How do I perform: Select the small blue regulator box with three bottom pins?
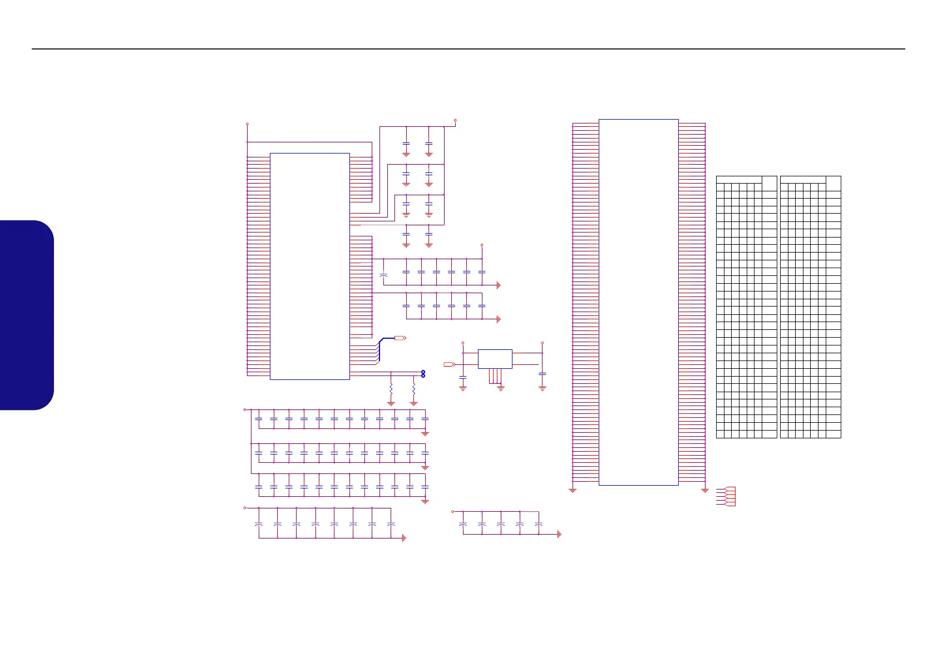pyautogui.click(x=495, y=359)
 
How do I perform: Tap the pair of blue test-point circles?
pyautogui.click(x=423, y=374)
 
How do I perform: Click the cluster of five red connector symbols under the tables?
pyautogui.click(x=726, y=497)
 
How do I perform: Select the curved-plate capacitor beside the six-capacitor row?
pyautogui.click(x=383, y=275)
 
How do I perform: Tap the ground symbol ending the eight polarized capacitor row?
pyautogui.click(x=404, y=538)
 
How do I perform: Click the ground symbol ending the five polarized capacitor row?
pyautogui.click(x=559, y=535)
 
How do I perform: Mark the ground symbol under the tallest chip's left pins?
pyautogui.click(x=573, y=491)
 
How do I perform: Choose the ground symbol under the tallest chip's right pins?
pyautogui.click(x=705, y=491)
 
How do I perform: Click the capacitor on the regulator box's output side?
pyautogui.click(x=543, y=374)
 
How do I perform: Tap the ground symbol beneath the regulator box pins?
pyautogui.click(x=501, y=389)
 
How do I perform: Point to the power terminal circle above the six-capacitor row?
pyautogui.click(x=482, y=245)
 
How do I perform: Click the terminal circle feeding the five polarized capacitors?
pyautogui.click(x=453, y=511)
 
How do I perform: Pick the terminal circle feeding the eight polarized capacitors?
pyautogui.click(x=245, y=508)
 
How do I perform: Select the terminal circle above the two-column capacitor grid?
pyautogui.click(x=455, y=120)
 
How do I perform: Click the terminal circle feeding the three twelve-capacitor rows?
pyautogui.click(x=245, y=409)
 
